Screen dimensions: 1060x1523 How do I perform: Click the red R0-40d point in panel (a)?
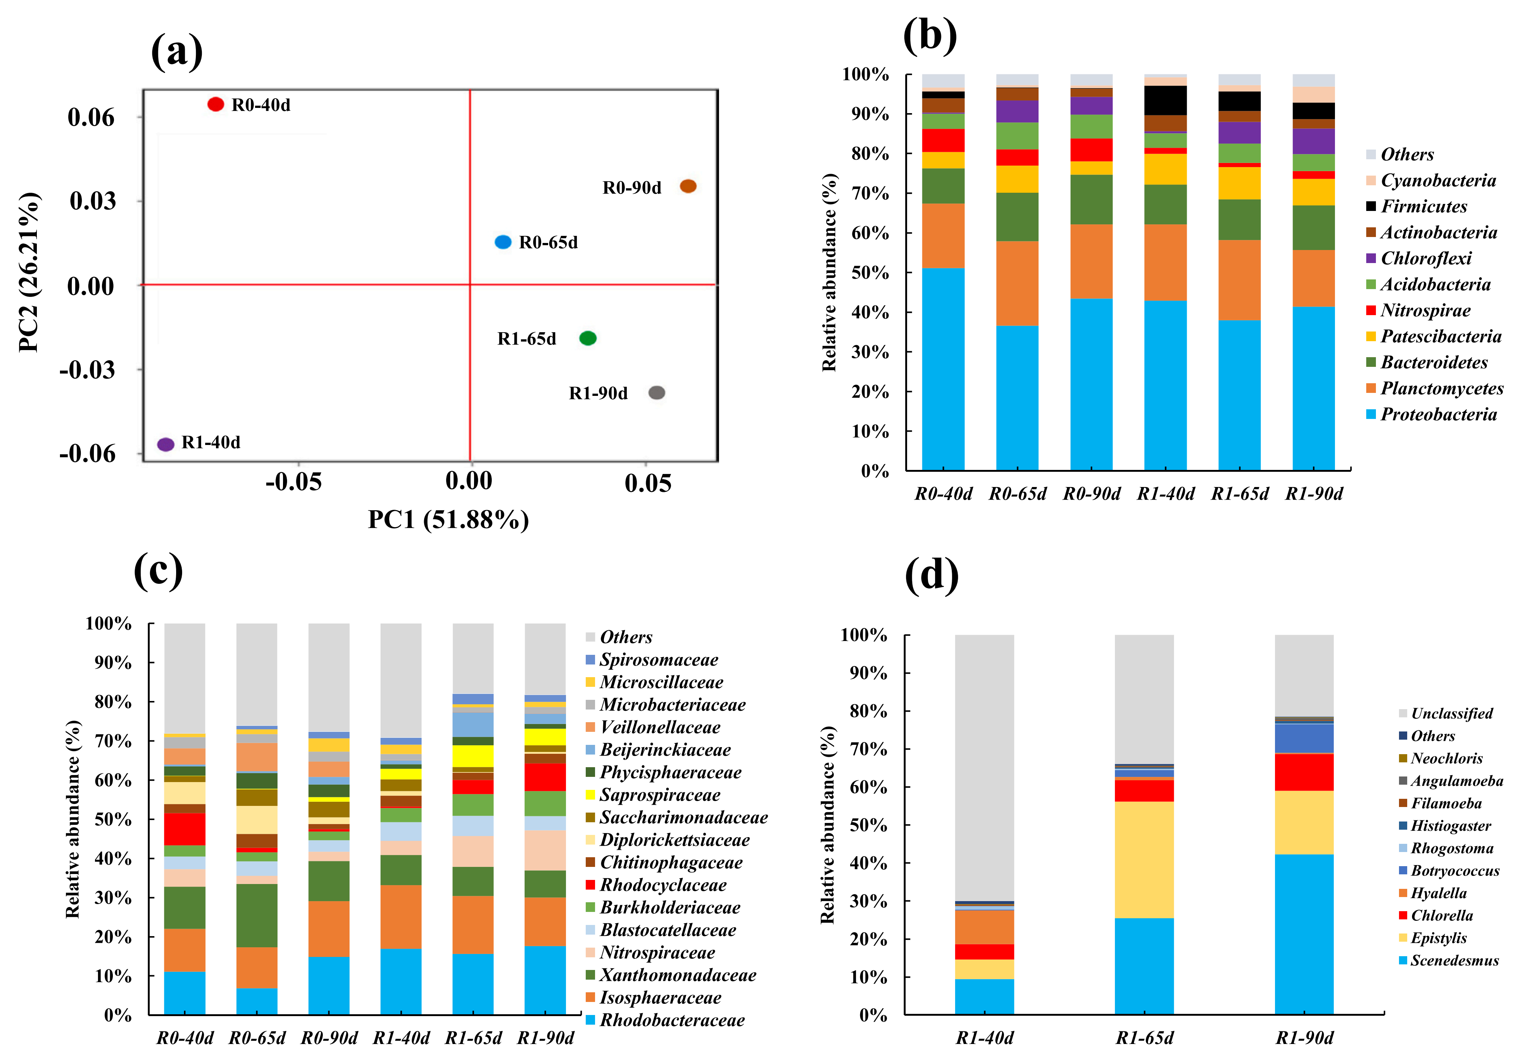coord(216,104)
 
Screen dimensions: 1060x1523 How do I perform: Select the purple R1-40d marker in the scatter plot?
coord(166,444)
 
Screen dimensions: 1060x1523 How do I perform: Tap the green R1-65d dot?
coord(588,338)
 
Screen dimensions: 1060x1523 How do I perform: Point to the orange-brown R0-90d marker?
coord(689,186)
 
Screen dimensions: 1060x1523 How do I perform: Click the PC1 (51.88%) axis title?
coord(448,519)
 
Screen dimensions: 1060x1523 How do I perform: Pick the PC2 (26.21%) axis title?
coord(29,272)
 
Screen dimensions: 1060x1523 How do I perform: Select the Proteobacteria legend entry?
coord(1438,414)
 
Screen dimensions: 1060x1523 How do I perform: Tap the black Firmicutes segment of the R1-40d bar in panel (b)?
coord(1166,100)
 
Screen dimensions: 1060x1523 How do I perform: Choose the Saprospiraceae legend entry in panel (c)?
coord(659,795)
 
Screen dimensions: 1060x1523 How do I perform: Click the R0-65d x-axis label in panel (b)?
coord(1018,494)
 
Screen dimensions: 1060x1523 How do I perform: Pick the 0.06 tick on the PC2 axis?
coord(91,117)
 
